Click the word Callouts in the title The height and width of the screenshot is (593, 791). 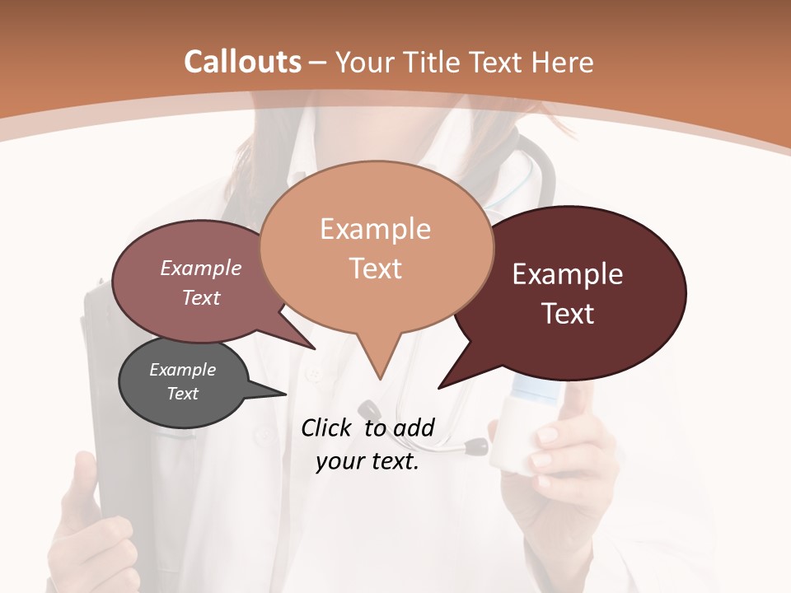(242, 62)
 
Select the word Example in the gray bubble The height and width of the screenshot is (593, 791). (182, 371)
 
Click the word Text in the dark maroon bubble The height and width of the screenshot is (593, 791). (569, 314)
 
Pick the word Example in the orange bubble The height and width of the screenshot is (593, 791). (375, 229)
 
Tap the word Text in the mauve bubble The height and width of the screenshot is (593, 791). (200, 298)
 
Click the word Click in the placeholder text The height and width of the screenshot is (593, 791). (326, 427)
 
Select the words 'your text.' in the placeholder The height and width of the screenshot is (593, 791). (367, 462)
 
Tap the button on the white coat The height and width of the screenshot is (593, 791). (314, 376)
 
